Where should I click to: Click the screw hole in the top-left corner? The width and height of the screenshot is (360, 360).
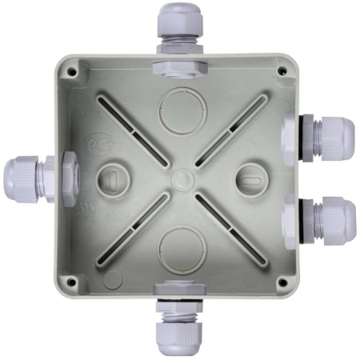(73, 71)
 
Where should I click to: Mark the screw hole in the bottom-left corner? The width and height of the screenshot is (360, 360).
(73, 282)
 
